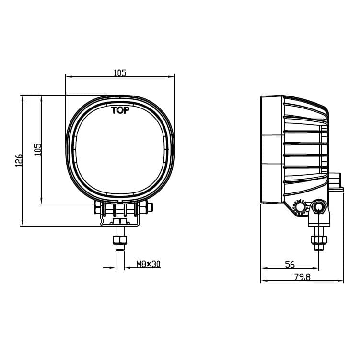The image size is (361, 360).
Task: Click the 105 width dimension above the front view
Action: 120,73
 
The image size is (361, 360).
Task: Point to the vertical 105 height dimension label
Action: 38,149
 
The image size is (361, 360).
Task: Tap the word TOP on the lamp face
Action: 120,110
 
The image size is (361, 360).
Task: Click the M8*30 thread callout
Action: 148,264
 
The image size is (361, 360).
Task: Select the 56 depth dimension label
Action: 290,264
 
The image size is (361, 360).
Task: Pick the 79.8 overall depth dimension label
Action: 302,277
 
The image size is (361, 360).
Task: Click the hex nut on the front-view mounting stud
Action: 120,240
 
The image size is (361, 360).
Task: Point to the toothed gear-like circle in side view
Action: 300,207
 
